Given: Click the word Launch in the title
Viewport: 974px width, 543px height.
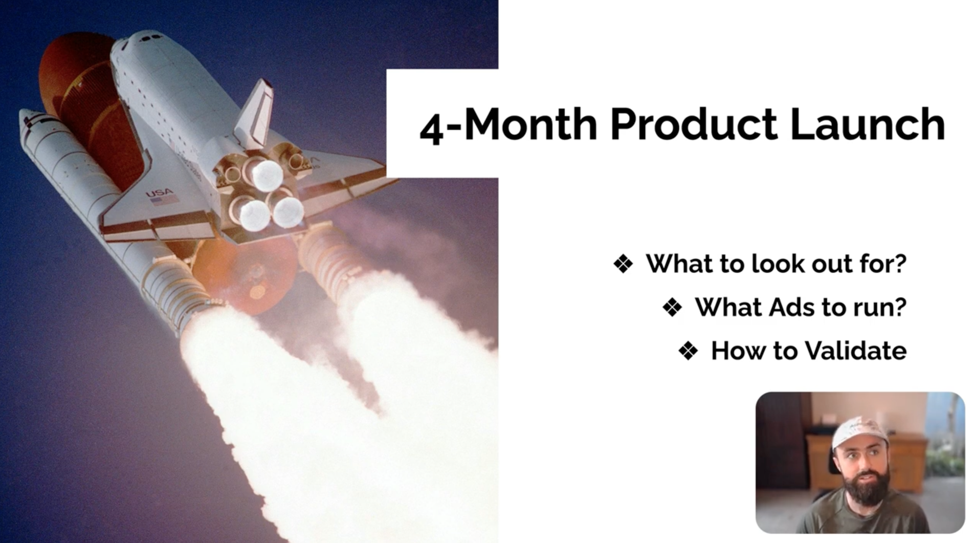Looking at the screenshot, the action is pos(868,124).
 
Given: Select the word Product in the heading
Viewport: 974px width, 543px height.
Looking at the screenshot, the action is pos(694,124).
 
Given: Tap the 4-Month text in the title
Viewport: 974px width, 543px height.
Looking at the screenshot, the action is pos(508,125).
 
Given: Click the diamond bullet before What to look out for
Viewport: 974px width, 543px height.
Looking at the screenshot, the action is pos(623,264).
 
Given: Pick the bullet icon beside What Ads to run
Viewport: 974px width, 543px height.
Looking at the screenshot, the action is pos(672,308).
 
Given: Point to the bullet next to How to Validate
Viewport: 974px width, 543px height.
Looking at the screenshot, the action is pos(689,351).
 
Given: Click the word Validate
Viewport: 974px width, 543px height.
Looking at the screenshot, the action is pos(856,351).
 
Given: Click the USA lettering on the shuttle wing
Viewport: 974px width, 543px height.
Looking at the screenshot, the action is pos(159,193).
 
